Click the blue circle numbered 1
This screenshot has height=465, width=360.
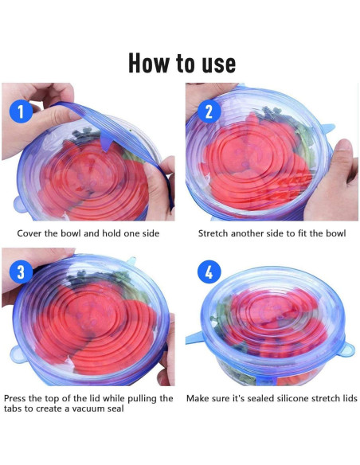(21, 111)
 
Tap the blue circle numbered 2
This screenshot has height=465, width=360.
(209, 111)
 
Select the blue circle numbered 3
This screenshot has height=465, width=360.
(21, 272)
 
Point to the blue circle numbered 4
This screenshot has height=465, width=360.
(209, 272)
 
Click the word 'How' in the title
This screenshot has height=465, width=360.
(149, 63)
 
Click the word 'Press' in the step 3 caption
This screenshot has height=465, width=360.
(15, 398)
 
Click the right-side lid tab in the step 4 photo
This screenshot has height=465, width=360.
(346, 349)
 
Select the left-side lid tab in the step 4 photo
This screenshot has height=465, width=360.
(194, 338)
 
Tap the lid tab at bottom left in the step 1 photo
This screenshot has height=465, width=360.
(20, 205)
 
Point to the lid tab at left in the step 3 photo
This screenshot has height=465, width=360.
(18, 354)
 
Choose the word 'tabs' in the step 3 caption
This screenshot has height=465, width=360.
(13, 408)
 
